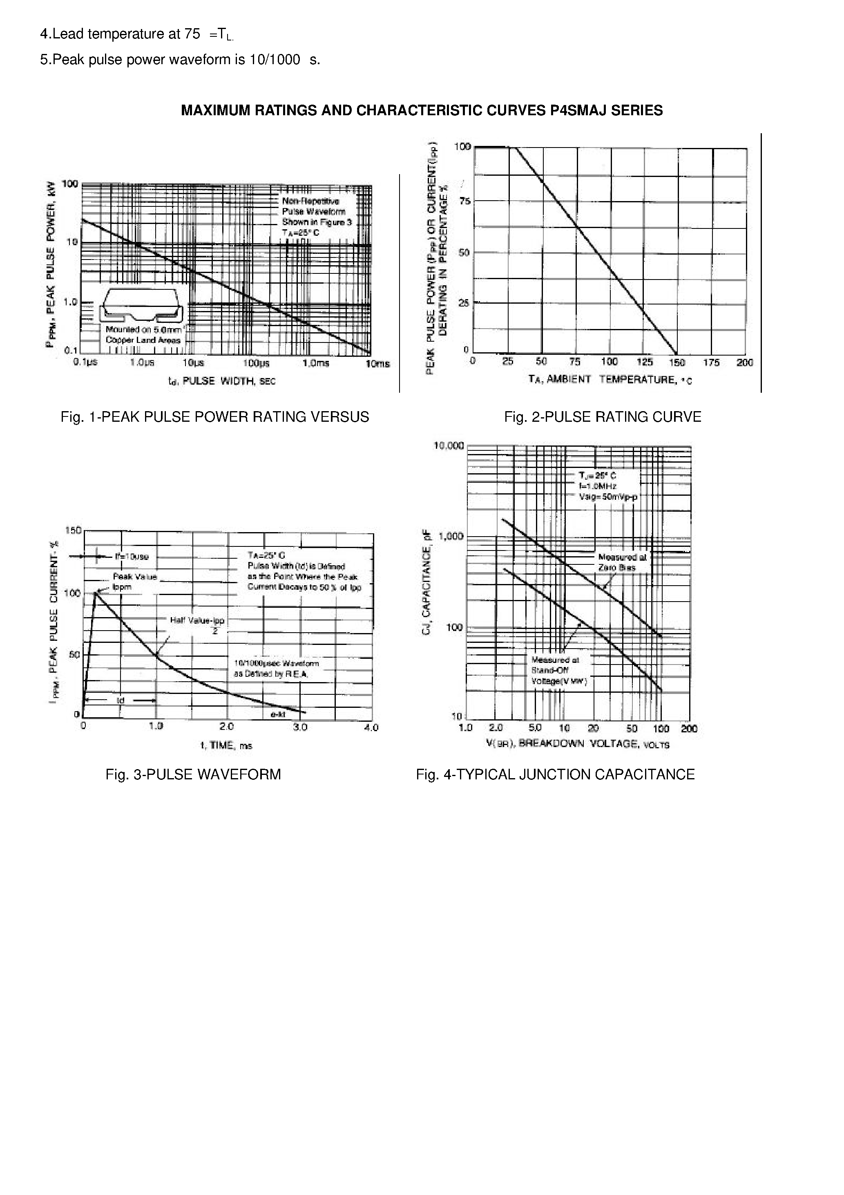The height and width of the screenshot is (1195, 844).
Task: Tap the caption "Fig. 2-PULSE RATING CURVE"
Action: (602, 417)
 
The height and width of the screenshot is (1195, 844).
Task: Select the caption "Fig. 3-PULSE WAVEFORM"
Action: (193, 774)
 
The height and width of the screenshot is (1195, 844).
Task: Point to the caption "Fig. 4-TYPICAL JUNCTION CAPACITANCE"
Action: (555, 774)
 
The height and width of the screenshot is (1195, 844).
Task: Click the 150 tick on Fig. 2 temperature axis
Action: (677, 362)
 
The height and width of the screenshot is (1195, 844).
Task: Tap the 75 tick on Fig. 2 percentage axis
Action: (462, 201)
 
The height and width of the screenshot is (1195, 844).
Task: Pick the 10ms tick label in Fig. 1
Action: (377, 363)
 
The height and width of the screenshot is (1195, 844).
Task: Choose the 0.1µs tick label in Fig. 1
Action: (85, 362)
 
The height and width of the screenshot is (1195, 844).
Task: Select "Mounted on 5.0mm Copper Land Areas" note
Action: (143, 335)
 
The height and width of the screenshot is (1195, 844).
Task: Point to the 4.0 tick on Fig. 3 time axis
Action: (371, 727)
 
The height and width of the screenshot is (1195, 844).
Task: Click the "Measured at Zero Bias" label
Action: (622, 562)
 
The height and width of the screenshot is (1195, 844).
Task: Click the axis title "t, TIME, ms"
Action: (226, 745)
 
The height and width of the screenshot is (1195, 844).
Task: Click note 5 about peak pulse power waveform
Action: (180, 60)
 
